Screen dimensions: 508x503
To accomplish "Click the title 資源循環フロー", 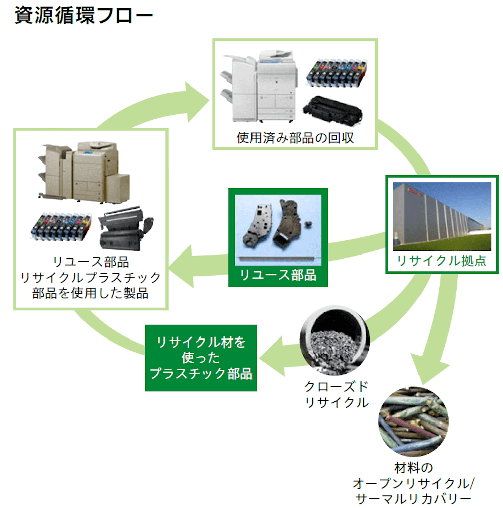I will (x=83, y=15).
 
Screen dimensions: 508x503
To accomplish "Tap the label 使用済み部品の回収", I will (x=295, y=138).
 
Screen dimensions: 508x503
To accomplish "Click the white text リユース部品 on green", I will (x=278, y=275).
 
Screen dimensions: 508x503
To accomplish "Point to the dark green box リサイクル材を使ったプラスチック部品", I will (x=201, y=358).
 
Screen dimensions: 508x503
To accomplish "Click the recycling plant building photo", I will (x=442, y=216).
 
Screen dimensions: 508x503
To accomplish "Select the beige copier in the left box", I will (x=83, y=171).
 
